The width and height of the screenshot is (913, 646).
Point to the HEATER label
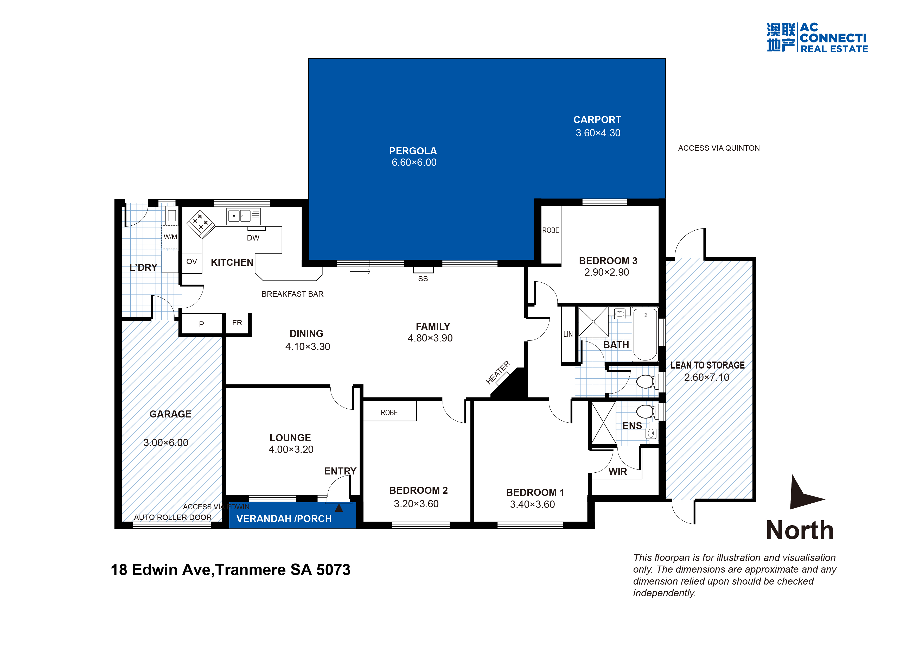[x=498, y=372]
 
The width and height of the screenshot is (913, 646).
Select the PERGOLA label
[x=413, y=151]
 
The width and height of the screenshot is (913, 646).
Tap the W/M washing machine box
[x=170, y=237]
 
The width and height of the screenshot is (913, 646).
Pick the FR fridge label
[x=237, y=322]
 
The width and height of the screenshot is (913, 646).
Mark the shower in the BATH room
[x=593, y=321]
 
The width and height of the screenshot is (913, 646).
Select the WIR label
[x=617, y=472]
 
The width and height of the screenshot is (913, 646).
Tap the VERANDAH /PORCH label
[x=284, y=519]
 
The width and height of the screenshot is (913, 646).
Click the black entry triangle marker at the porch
[x=339, y=508]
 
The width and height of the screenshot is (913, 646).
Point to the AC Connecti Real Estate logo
[x=817, y=38]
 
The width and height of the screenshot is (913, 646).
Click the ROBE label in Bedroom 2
[x=389, y=413]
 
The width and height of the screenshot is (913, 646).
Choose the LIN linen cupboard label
[x=568, y=334]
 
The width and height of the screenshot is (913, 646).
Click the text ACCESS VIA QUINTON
[x=719, y=148]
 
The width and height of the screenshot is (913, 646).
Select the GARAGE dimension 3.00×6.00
[x=166, y=443]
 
